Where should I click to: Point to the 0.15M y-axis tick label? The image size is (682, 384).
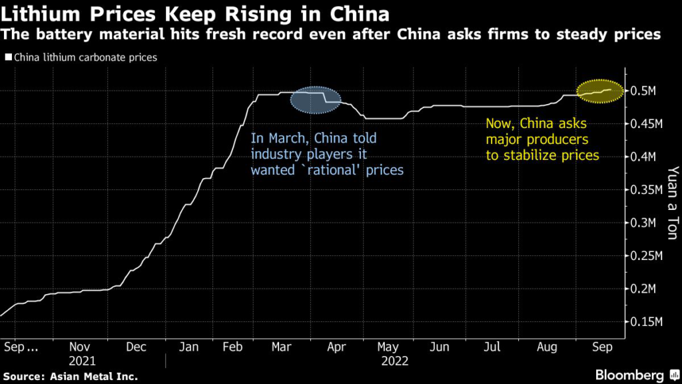click(645, 322)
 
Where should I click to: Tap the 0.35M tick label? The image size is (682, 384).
click(645, 190)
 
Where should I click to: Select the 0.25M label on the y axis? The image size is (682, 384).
click(645, 256)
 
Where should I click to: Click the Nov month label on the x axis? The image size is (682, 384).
click(81, 347)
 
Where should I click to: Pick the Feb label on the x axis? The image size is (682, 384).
click(232, 347)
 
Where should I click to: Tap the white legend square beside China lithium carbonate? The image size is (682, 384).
click(7, 58)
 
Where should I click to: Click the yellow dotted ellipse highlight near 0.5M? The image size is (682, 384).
click(600, 92)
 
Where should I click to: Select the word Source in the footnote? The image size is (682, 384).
click(25, 376)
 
